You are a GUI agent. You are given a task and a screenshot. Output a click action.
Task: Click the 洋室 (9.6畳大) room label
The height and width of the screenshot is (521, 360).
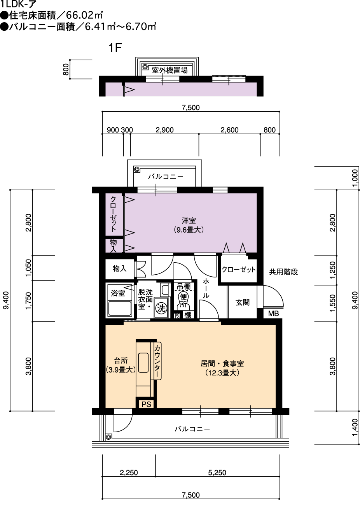coord(189,225)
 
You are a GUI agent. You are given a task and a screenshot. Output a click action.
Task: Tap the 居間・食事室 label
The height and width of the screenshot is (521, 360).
coord(222,363)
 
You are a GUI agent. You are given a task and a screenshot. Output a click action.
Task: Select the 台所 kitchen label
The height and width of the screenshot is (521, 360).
coord(121,361)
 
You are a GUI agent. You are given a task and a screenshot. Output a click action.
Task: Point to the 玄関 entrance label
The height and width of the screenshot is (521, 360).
coord(243,302)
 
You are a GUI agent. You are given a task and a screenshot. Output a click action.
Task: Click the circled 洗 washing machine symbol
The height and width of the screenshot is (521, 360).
coord(161,308)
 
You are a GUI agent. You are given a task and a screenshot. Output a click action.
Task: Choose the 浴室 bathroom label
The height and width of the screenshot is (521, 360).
coord(118,293)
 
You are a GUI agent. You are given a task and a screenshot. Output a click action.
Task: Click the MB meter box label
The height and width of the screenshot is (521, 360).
coord(273,314)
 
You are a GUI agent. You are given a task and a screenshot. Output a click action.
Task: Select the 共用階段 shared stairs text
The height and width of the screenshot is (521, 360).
coord(283,272)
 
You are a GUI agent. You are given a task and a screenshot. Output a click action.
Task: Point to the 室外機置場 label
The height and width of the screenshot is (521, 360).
coord(170,70)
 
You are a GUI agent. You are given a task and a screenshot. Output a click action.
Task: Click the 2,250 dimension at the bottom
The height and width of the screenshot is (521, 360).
coord(129,473)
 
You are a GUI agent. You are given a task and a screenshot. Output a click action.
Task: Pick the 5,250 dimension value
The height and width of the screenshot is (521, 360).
coord(217,473)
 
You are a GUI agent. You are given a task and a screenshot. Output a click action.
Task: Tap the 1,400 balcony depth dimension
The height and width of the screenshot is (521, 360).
coord(355,428)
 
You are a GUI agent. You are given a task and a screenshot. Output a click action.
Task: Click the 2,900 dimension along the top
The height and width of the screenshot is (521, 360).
coord(164,130)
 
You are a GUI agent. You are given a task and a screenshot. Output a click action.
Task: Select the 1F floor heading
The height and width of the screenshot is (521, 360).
coord(115,48)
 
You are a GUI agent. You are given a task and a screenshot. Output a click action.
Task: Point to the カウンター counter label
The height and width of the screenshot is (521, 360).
coord(157,361)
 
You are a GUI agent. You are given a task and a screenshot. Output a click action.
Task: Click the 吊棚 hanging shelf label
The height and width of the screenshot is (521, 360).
coord(183,286)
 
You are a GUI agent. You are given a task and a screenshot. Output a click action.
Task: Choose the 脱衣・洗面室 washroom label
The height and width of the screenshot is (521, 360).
coord(145,299)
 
